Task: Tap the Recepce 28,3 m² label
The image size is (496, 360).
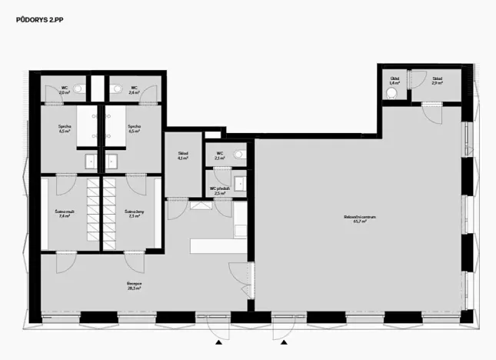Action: (x=135, y=285)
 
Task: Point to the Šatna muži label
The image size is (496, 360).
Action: (x=64, y=214)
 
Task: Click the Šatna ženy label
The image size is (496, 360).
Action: (x=133, y=214)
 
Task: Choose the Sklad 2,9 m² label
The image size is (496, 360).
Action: (x=437, y=80)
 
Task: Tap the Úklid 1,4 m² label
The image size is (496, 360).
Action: (x=394, y=80)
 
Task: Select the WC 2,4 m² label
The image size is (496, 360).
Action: (x=134, y=90)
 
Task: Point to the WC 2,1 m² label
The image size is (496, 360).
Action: (x=220, y=156)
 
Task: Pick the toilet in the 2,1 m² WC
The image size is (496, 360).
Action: (x=240, y=154)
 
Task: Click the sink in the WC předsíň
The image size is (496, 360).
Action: (x=240, y=182)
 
